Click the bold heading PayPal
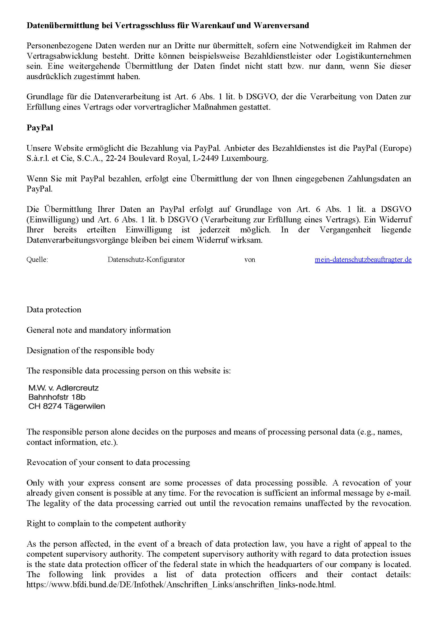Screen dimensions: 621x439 click(x=40, y=128)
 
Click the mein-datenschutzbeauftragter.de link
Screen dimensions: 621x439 click(x=363, y=260)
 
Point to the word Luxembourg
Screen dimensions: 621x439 click(x=245, y=158)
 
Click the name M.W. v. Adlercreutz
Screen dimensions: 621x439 click(x=63, y=388)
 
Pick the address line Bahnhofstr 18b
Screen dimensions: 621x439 click(x=57, y=397)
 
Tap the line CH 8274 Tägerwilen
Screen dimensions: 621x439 click(x=67, y=406)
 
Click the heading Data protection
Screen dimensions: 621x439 click(x=54, y=310)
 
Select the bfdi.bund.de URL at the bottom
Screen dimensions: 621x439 click(x=181, y=585)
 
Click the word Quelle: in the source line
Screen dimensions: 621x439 click(x=37, y=260)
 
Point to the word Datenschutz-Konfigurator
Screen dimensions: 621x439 click(x=146, y=260)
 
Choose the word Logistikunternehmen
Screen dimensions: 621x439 click(x=374, y=56)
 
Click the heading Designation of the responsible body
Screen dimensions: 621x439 click(x=90, y=351)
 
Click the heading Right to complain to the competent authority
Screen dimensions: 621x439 click(x=106, y=524)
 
